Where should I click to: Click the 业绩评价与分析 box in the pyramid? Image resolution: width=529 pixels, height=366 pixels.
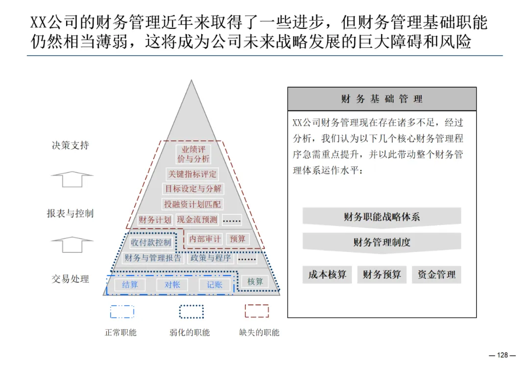click(x=192, y=154)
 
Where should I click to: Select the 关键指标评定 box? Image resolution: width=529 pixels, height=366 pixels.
click(x=192, y=174)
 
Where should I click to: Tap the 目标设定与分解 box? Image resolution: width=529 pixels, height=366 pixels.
click(x=192, y=188)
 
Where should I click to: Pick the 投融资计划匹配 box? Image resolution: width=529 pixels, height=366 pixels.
click(x=192, y=204)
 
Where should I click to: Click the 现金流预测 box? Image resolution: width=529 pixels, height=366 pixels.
click(x=197, y=220)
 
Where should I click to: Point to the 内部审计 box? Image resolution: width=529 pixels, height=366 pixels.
click(x=205, y=239)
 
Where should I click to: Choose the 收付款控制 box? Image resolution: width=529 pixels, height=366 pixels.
click(x=151, y=242)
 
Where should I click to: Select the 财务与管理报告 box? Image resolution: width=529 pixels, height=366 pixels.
click(x=153, y=258)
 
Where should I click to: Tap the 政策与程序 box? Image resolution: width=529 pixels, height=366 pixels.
click(x=211, y=258)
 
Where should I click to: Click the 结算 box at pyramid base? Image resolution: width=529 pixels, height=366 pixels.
click(x=130, y=284)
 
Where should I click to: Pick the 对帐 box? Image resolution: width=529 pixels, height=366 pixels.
click(x=172, y=284)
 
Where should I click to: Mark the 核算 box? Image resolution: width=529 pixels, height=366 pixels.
click(x=255, y=282)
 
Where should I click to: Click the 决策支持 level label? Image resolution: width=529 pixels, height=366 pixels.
click(x=71, y=145)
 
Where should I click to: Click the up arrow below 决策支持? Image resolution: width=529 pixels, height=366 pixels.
click(x=72, y=179)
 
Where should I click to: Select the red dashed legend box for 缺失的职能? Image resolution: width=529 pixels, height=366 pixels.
click(x=257, y=311)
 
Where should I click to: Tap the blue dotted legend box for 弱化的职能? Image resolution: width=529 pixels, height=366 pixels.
click(x=191, y=312)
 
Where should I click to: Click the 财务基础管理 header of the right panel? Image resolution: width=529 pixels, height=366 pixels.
click(x=382, y=99)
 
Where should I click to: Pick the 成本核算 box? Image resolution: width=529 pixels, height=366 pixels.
click(x=327, y=275)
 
